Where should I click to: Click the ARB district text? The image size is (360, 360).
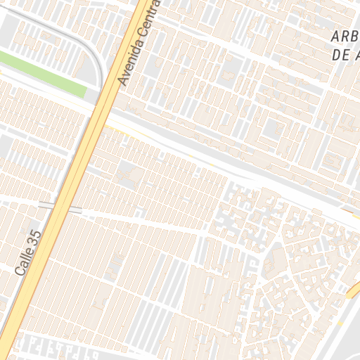[345, 37]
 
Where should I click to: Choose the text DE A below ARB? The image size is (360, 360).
[344, 55]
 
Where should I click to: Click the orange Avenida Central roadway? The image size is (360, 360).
[84, 155]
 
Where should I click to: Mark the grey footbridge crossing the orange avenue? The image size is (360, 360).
[60, 207]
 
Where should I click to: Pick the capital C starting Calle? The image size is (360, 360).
[19, 271]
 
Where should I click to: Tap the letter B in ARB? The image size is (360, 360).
[355, 37]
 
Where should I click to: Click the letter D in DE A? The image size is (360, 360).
[334, 55]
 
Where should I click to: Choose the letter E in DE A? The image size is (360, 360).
[343, 55]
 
